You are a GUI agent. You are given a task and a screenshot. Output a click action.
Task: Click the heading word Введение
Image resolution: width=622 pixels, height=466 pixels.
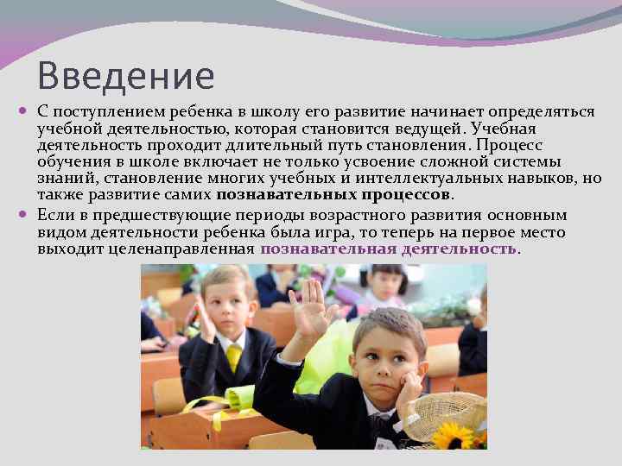[x=125, y=76]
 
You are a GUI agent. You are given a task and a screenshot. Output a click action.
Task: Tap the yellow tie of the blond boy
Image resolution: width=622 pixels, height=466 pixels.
[x=232, y=356]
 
